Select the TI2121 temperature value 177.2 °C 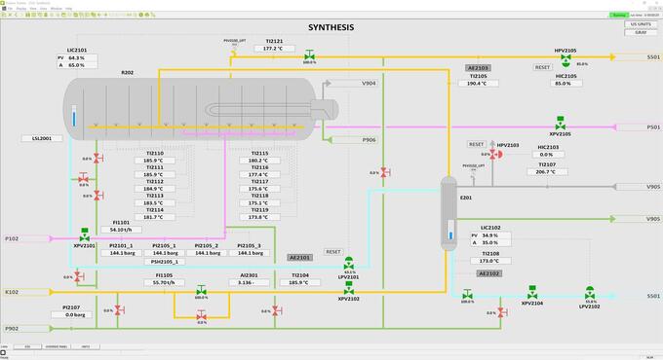tap(273, 48)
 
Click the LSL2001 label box tap(42, 139)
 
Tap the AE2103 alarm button tap(478, 68)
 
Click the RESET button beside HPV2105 tap(542, 68)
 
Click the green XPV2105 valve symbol tap(560, 125)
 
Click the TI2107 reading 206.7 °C tap(546, 171)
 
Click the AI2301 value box tap(249, 282)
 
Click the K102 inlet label tap(13, 292)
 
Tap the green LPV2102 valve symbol tap(589, 292)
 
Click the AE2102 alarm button tap(489, 274)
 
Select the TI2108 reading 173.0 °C tap(489, 262)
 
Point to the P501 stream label tap(652, 126)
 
